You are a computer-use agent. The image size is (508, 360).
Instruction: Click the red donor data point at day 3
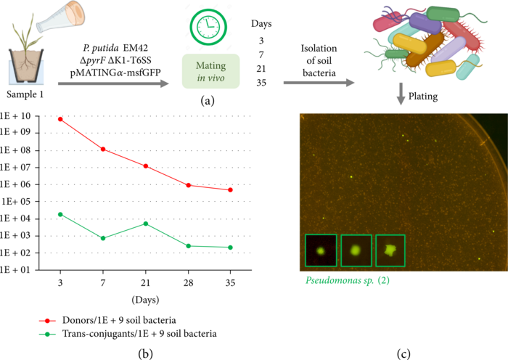60,119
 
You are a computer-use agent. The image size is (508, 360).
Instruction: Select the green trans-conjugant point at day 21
146,224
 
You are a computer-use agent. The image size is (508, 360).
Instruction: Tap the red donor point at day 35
231,190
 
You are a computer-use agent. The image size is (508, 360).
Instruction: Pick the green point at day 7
103,238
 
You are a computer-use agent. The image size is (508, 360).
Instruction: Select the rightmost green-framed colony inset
390,250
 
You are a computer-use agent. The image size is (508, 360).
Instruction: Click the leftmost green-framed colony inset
320,250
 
